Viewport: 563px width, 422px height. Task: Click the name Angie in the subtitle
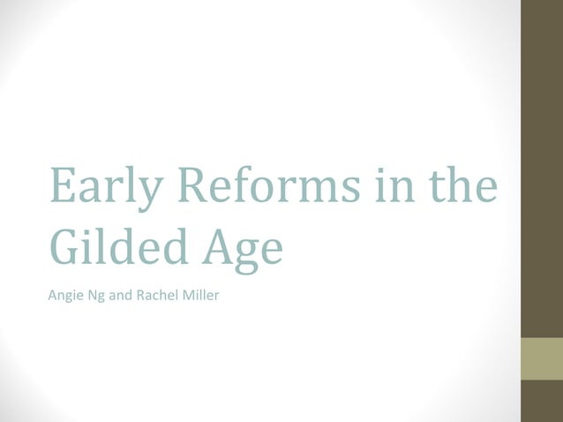tap(64, 294)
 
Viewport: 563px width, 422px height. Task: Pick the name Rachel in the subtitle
tap(154, 294)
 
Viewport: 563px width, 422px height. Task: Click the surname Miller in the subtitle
tap(199, 294)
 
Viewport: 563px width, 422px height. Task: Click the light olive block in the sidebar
tap(542, 358)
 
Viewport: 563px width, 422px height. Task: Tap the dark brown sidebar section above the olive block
tap(542, 168)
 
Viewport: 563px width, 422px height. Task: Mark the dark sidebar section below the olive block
tap(542, 401)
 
